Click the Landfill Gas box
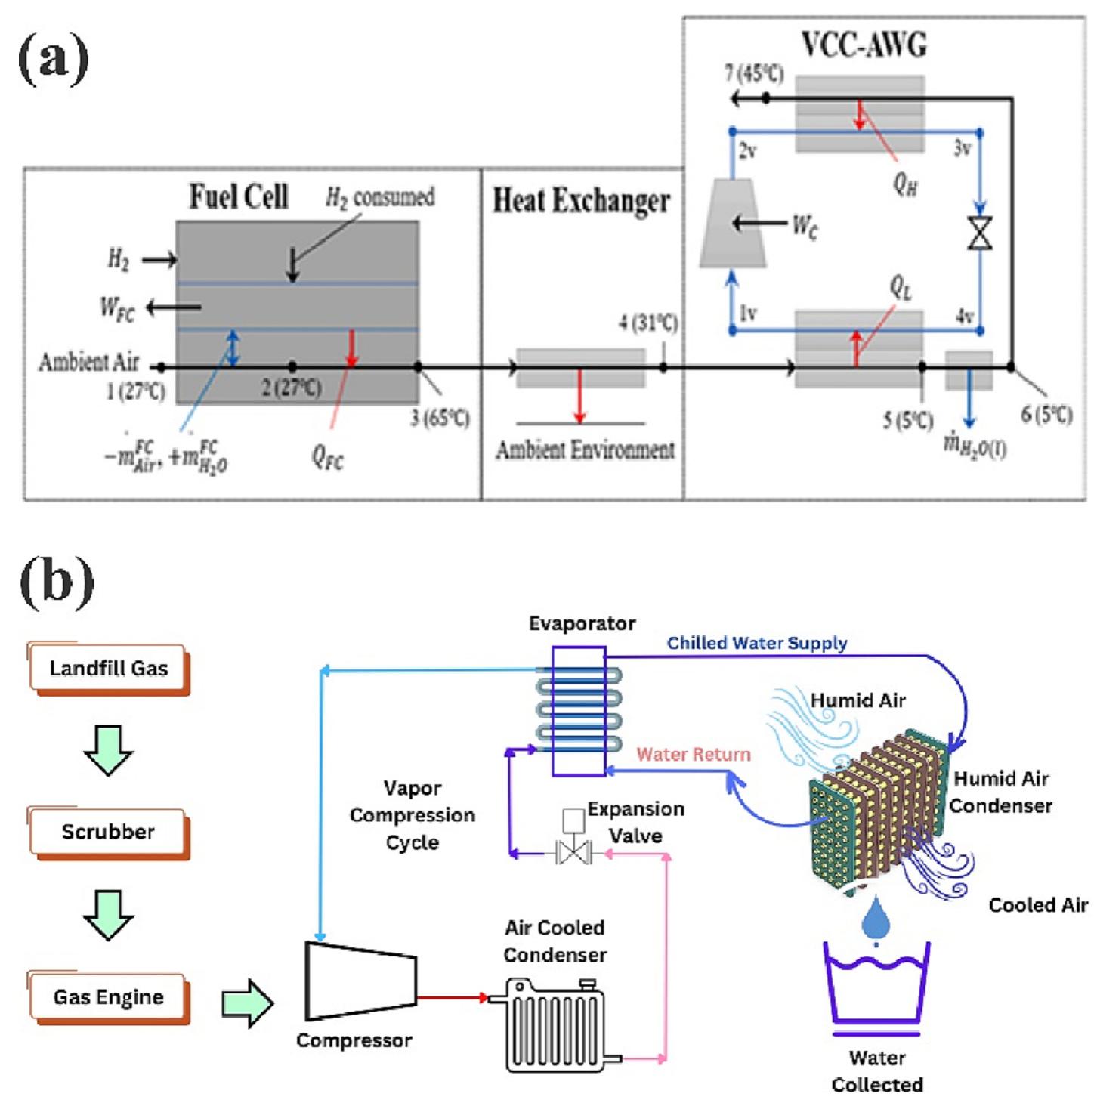click(108, 668)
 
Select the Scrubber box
click(108, 832)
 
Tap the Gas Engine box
click(108, 997)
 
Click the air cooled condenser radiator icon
click(555, 1024)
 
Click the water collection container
click(876, 986)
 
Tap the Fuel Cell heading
click(238, 196)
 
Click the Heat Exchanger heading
click(581, 201)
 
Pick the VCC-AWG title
click(864, 45)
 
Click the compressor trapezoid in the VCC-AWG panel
click(732, 224)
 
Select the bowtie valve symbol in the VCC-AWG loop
click(980, 233)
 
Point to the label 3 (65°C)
click(440, 418)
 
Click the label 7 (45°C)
click(753, 74)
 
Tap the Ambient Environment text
click(585, 450)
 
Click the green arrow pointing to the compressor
click(247, 1004)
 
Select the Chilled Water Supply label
click(756, 643)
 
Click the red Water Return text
click(694, 754)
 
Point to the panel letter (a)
click(53, 58)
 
